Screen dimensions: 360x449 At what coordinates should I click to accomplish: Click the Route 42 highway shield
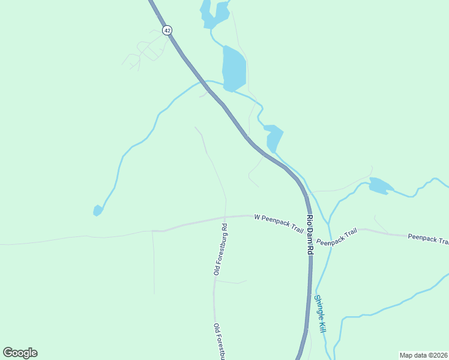[167, 30]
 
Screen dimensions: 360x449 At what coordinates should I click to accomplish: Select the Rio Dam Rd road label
[310, 235]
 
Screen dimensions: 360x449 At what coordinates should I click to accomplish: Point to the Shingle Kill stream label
[321, 314]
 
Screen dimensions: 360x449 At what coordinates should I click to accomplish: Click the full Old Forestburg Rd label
[220, 250]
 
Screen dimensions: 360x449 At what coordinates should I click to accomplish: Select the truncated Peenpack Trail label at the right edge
[428, 239]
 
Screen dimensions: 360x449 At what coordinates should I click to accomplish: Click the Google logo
[20, 353]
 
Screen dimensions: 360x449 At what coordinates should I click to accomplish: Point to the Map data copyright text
[423, 355]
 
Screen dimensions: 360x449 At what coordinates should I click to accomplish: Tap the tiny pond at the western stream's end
[97, 211]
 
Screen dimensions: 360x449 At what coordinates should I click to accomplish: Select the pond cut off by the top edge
[214, 14]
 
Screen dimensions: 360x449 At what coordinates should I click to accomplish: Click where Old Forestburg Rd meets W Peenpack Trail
[225, 218]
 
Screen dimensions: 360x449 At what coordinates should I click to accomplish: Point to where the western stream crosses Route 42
[205, 82]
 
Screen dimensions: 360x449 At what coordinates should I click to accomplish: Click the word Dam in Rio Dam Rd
[310, 235]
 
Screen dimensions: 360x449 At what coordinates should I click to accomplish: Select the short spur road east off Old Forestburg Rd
[231, 281]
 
